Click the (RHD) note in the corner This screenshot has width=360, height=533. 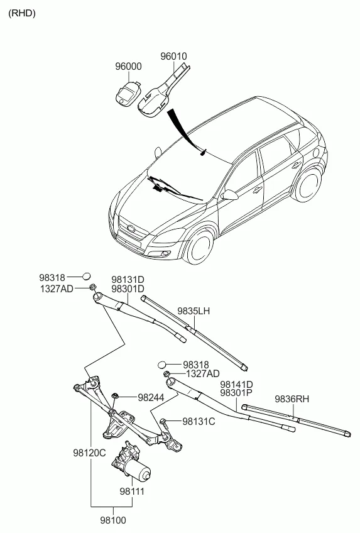(x=22, y=13)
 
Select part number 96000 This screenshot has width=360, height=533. (x=128, y=66)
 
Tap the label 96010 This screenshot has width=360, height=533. (x=173, y=56)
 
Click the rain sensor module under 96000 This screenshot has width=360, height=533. (x=128, y=94)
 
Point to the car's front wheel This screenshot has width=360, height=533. (x=200, y=246)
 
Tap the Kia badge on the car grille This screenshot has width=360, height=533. (x=131, y=228)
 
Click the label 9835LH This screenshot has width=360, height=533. (x=194, y=311)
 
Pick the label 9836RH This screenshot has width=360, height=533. (x=292, y=398)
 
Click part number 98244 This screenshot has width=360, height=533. (x=151, y=397)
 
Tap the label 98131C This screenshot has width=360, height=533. (x=199, y=422)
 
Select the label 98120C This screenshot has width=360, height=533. (x=89, y=453)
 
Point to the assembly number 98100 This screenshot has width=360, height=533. (x=113, y=520)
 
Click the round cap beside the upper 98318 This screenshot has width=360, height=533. (x=87, y=276)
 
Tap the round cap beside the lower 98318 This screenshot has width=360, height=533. (x=162, y=365)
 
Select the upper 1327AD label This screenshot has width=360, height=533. (x=57, y=289)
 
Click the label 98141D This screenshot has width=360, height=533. (x=236, y=385)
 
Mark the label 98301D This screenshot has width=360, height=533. (x=128, y=288)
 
